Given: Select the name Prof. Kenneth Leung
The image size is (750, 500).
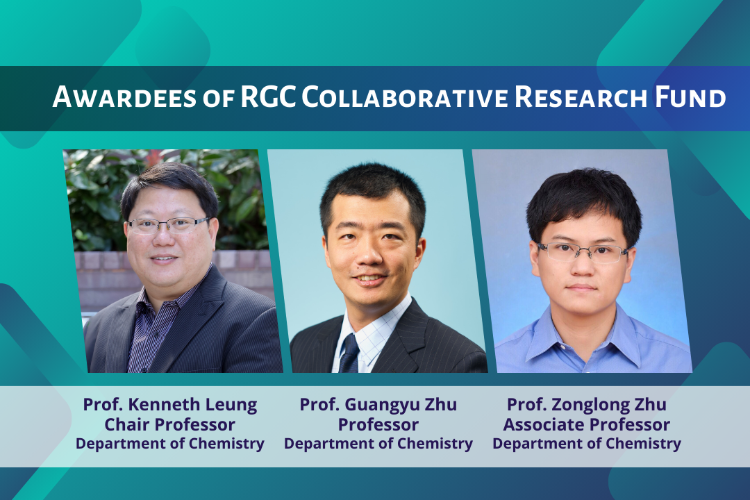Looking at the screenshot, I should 170,405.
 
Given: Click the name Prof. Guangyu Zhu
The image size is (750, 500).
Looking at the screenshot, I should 378,405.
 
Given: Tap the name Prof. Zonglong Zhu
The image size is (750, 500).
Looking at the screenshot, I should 587,405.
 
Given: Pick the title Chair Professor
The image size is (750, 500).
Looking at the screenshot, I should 170,424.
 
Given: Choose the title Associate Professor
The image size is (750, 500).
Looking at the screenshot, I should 587,424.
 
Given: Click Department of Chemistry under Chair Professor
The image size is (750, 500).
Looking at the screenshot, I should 170,444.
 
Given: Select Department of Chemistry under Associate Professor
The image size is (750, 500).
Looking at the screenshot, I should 587,444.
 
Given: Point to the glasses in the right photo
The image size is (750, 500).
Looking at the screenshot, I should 583,252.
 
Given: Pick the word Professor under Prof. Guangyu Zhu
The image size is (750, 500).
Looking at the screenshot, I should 378,424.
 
